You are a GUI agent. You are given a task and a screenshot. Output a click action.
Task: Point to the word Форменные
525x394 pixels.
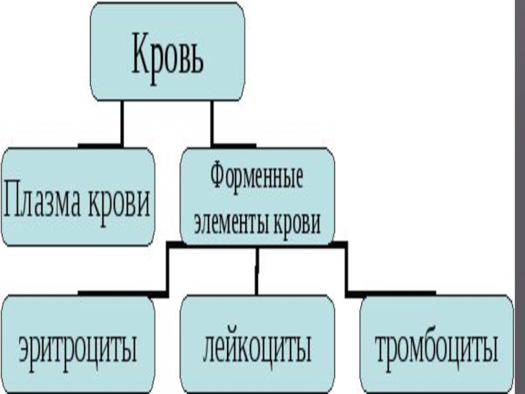[x=257, y=177]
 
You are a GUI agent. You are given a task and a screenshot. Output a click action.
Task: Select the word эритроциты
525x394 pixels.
[x=78, y=348]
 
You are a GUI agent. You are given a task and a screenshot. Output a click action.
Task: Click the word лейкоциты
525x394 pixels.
[x=257, y=348]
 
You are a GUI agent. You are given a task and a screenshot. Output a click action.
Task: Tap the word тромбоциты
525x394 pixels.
[x=435, y=348]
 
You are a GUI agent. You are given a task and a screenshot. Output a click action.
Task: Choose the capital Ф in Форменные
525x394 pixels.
[x=218, y=177]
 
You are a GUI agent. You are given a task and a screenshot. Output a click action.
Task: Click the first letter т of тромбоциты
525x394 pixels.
[x=381, y=350]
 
